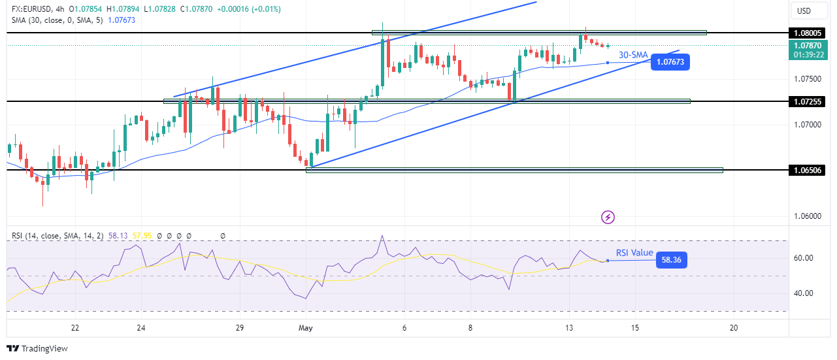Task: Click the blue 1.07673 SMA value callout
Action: tap(670, 63)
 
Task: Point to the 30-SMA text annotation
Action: tap(632, 56)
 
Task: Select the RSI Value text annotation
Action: tap(634, 253)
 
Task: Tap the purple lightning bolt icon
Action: tap(608, 216)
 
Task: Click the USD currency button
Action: tap(804, 10)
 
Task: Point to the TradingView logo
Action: tap(37, 349)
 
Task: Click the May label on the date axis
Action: tap(306, 328)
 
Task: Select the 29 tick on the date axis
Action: tap(240, 328)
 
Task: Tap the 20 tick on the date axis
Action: tap(734, 328)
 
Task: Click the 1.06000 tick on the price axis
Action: tap(808, 216)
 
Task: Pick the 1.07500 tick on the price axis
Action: tap(808, 78)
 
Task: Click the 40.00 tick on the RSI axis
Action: tap(803, 293)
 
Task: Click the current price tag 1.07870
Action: tap(808, 46)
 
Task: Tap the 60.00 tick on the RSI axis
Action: tap(803, 258)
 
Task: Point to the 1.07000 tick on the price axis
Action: tap(808, 124)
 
